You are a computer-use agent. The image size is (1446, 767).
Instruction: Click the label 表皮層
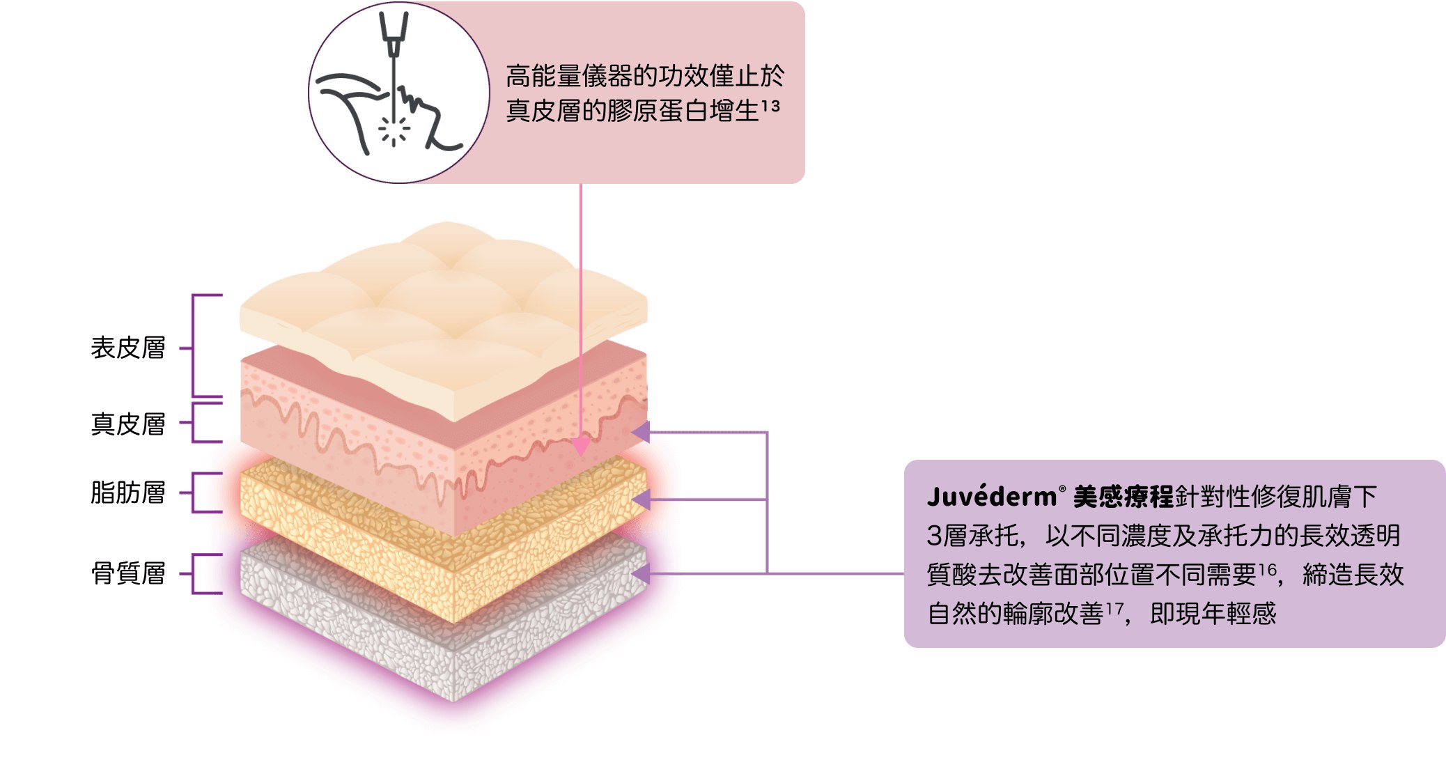pos(128,348)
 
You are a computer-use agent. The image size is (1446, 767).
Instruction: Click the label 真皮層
pos(128,424)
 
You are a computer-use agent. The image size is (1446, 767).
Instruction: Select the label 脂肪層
pos(128,493)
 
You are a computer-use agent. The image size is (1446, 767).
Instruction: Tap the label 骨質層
pos(128,573)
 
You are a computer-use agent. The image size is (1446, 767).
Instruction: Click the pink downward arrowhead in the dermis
pos(580,447)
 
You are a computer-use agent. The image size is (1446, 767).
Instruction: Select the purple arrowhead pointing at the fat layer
pos(641,499)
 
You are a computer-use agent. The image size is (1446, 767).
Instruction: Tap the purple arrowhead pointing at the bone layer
pos(641,574)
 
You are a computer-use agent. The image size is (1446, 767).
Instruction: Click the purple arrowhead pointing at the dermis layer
pos(641,432)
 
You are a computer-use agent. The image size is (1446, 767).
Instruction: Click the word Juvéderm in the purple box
pos(991,497)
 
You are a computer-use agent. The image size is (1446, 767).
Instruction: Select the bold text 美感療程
pos(1123,497)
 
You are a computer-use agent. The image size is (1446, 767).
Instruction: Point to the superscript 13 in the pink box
pos(770,106)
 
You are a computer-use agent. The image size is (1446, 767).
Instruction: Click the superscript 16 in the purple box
pos(1267,570)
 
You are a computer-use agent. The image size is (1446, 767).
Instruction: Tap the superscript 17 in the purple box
pos(1114,609)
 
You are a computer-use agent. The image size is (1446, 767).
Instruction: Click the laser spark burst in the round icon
pos(394,130)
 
